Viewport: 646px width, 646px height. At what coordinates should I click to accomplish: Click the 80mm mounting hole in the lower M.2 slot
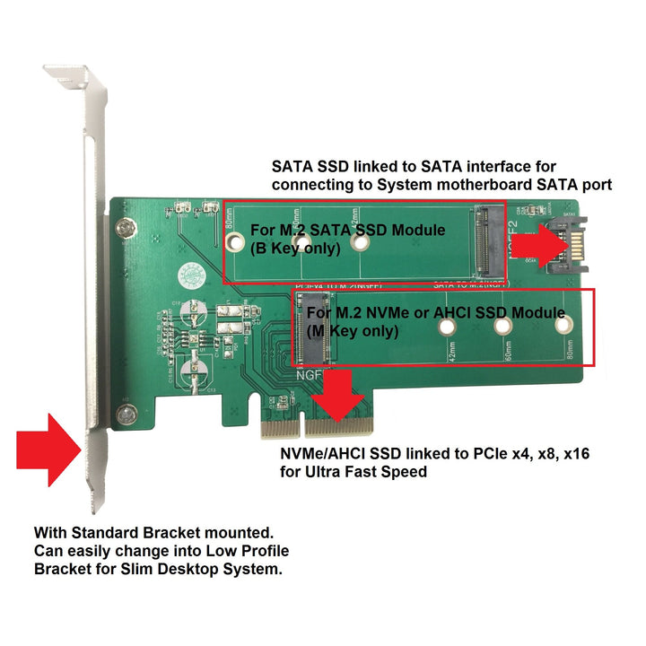pos(563,328)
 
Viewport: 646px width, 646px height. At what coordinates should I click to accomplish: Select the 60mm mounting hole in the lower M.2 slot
pos(503,328)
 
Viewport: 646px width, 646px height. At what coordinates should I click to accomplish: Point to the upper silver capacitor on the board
pos(192,314)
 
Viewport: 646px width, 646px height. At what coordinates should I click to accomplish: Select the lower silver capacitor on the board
pos(192,371)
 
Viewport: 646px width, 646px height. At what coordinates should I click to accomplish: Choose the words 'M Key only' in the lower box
pos(354,330)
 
